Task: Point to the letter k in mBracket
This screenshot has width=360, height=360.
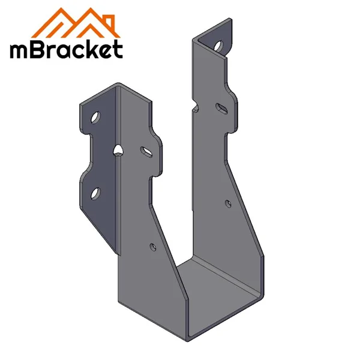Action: [x=90, y=49]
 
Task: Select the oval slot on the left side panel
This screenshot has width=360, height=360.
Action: [x=146, y=150]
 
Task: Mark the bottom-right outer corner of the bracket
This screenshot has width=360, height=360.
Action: [x=264, y=295]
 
